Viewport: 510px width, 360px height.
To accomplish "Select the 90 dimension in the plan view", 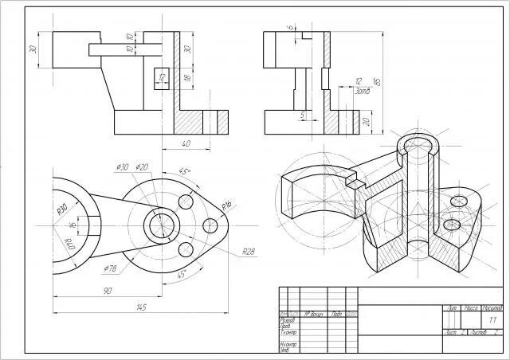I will tap(107, 292).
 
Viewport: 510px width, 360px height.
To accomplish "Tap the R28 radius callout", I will tap(248, 252).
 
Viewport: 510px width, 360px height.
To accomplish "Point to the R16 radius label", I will tap(226, 205).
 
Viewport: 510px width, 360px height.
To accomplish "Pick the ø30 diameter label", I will tap(123, 167).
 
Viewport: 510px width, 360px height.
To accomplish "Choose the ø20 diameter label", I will tap(143, 167).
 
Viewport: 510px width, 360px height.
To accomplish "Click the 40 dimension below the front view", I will tap(186, 143).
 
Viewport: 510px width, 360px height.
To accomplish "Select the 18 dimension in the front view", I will tap(186, 78).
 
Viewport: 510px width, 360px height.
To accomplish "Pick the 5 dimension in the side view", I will tap(303, 115).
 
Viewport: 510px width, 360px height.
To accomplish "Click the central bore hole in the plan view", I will tap(161, 225).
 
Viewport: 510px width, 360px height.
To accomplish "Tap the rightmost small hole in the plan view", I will tap(211, 225).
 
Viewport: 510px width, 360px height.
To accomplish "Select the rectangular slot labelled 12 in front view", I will tap(161, 78).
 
